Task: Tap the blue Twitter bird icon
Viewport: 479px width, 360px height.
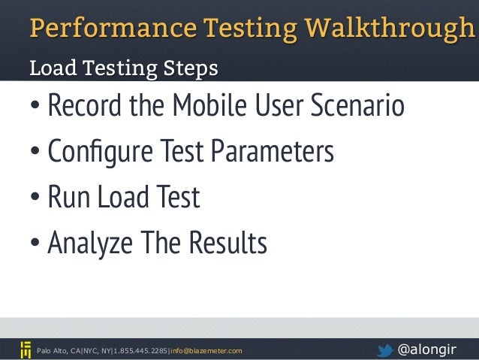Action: [x=384, y=349]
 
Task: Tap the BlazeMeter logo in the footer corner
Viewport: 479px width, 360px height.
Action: [x=25, y=349]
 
